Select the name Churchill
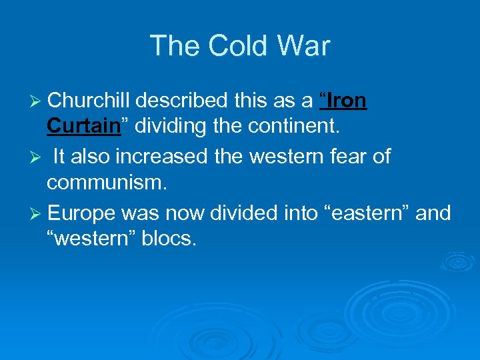coord(90,101)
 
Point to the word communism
coord(107,181)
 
